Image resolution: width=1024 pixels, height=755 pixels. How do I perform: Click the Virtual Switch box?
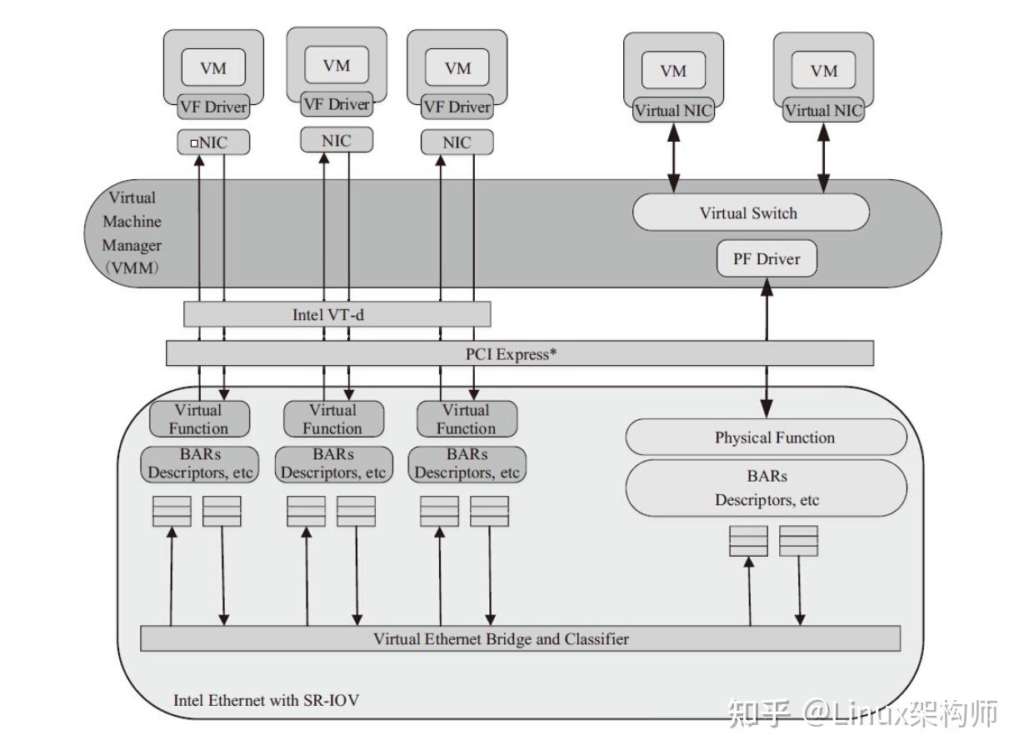(750, 213)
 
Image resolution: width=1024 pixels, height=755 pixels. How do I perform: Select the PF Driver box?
(767, 259)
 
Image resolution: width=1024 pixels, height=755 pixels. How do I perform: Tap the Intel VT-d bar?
(337, 315)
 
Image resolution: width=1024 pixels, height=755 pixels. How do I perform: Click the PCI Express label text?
(511, 353)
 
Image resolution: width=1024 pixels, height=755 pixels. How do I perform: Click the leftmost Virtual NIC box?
(673, 111)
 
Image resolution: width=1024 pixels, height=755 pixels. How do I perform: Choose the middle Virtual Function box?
(333, 419)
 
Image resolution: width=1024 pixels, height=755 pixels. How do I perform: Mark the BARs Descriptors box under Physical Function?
(766, 489)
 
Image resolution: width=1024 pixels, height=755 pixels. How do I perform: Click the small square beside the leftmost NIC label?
(193, 143)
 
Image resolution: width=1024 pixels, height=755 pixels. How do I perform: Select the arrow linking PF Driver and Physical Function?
(767, 350)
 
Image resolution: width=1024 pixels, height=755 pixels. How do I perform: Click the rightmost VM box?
(823, 72)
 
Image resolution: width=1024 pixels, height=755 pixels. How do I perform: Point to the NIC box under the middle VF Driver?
(337, 141)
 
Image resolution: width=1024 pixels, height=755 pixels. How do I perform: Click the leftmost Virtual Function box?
(199, 419)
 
